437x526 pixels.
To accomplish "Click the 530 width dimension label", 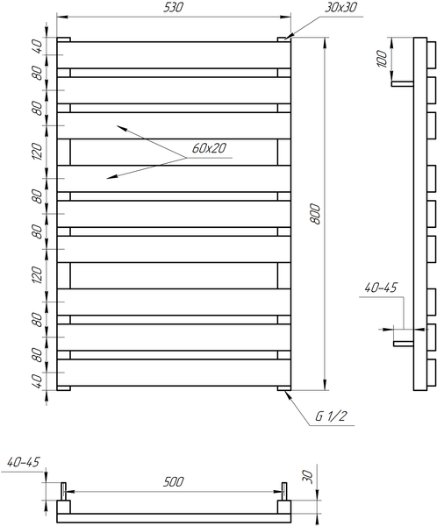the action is [x=174, y=7].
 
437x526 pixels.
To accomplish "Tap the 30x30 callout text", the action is [x=340, y=7].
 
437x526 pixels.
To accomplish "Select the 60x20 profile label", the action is [x=209, y=148].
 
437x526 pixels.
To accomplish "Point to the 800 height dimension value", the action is [x=315, y=214].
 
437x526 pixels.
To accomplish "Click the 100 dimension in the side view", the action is [x=383, y=59].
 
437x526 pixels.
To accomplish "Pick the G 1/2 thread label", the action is [x=331, y=416].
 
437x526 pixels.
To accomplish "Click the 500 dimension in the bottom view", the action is [x=174, y=481].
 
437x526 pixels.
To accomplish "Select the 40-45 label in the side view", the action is [x=381, y=288].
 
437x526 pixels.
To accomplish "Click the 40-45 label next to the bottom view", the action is [x=23, y=462].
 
